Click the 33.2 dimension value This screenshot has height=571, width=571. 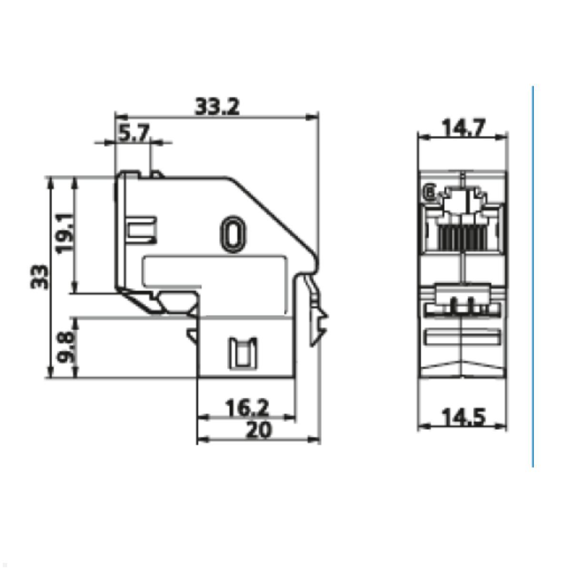point(217,107)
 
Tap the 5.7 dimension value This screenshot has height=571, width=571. point(133,134)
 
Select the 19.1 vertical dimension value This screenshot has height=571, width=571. point(65,232)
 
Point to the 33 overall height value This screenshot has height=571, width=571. point(39,277)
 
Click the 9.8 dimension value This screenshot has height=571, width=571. point(66,347)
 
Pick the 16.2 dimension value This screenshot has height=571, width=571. point(246,408)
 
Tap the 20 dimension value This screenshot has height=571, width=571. point(258,430)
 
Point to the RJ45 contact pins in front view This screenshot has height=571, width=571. point(461,238)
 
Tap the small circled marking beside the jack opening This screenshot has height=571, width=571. point(430,194)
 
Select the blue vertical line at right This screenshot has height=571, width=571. point(532,276)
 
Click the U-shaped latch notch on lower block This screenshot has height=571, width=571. point(243,353)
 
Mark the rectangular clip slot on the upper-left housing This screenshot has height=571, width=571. point(142,230)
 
